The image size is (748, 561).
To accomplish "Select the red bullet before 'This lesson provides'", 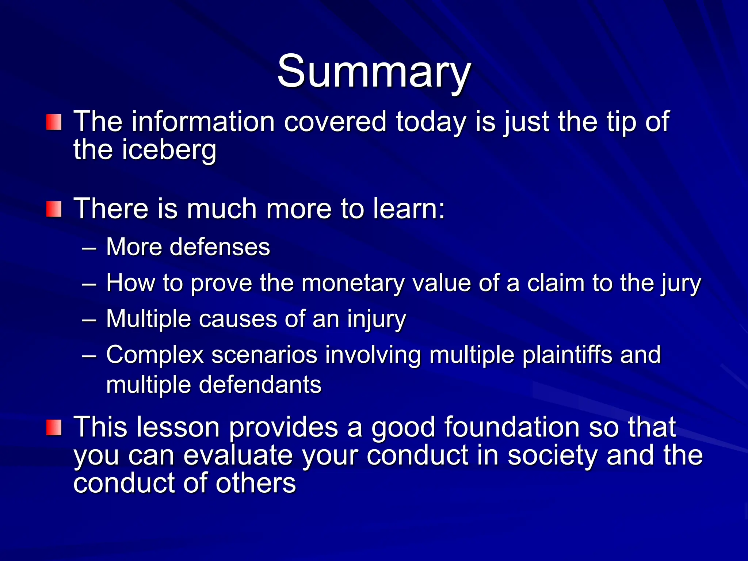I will tap(54, 428).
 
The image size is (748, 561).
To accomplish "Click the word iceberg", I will tap(169, 150).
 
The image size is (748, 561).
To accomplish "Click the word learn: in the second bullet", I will tap(409, 209).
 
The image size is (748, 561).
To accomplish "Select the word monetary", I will tap(353, 283).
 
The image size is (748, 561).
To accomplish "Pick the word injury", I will tap(377, 319).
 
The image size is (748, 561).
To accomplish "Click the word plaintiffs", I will tap(567, 355).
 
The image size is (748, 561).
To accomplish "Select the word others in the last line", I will tap(255, 483).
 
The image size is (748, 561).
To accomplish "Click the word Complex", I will tap(154, 355).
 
